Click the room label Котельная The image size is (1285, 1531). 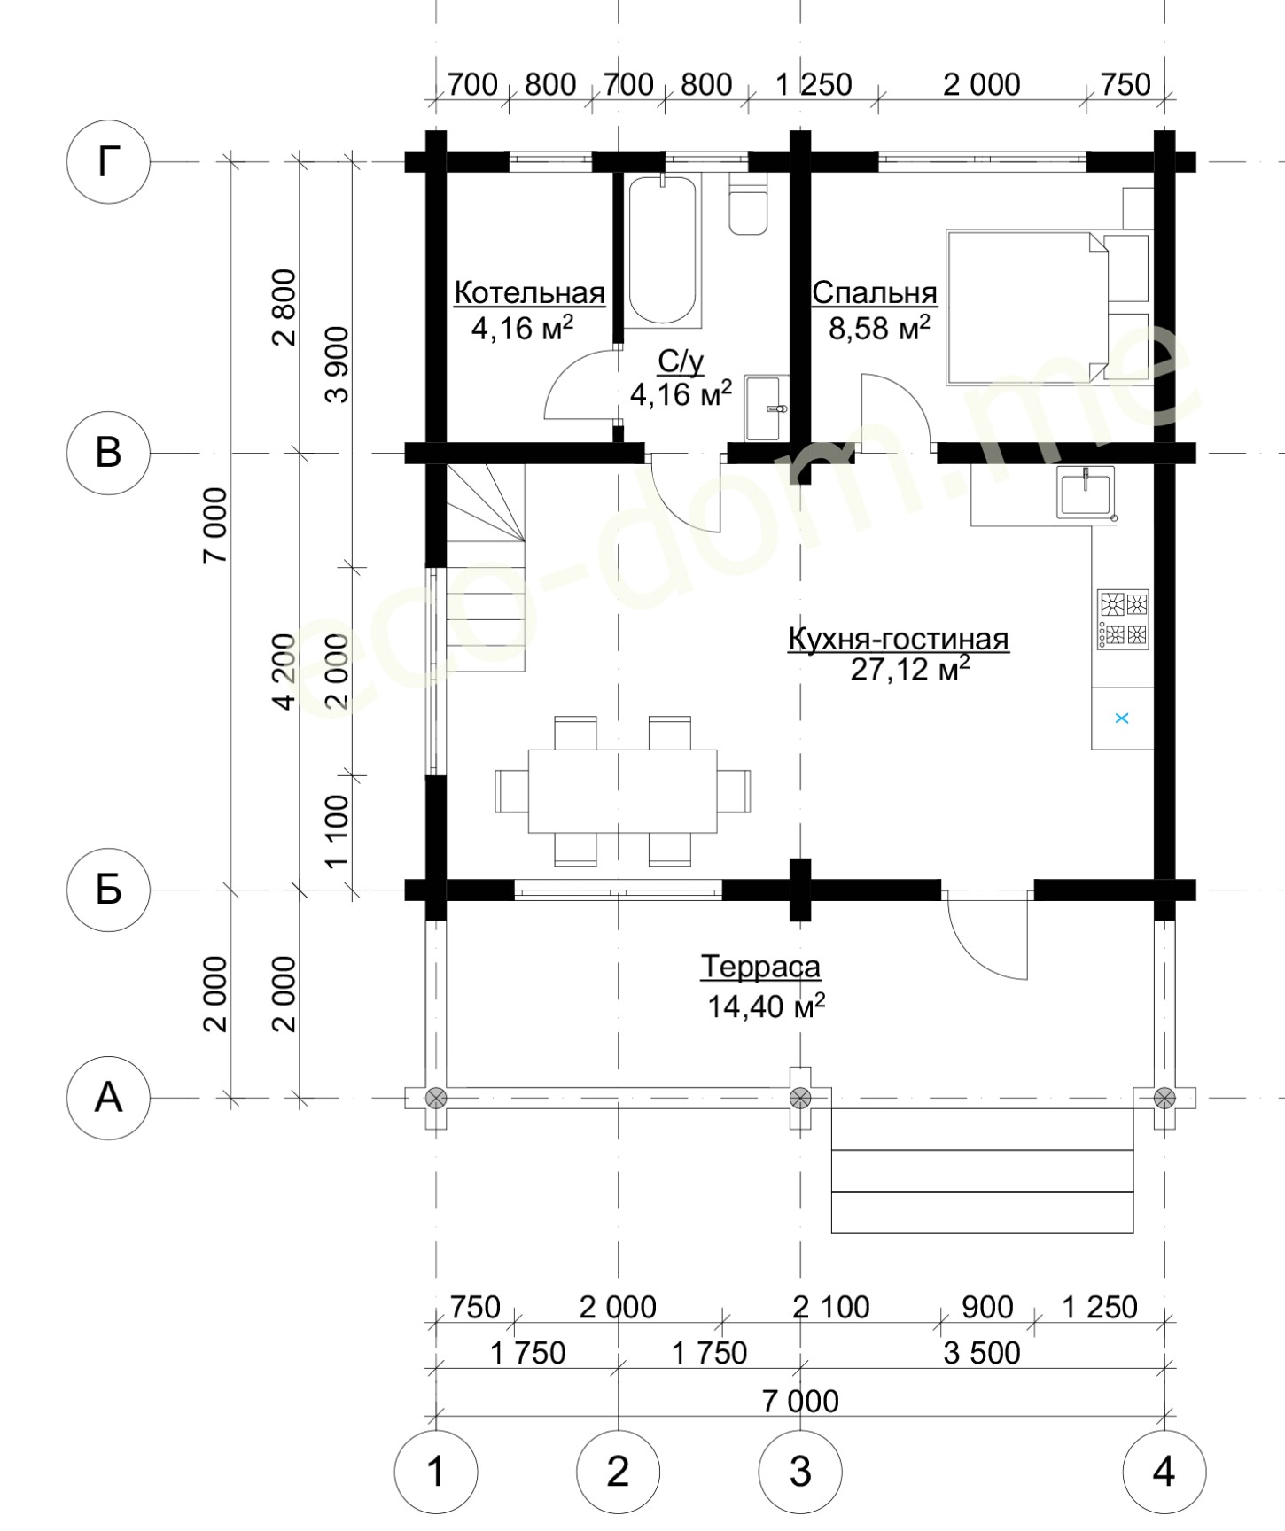(529, 292)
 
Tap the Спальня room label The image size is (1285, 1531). (875, 292)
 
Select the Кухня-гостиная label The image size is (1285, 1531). (899, 639)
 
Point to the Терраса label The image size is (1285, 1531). (760, 967)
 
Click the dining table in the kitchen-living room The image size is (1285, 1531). (622, 791)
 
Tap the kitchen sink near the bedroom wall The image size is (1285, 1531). (1086, 493)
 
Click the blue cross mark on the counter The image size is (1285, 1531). (1121, 718)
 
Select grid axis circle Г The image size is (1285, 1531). (108, 162)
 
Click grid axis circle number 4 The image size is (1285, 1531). (1164, 1472)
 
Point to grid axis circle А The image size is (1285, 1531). (108, 1098)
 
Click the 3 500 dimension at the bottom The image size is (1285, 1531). (982, 1353)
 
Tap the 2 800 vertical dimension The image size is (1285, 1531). (287, 307)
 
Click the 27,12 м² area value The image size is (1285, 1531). (910, 669)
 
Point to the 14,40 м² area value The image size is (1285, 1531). (767, 1006)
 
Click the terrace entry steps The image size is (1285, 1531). (983, 1170)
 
